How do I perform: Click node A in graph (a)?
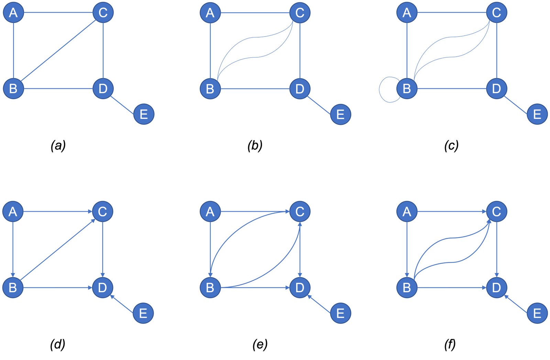point(13,13)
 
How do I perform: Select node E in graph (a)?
point(144,114)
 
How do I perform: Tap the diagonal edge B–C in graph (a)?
point(58,51)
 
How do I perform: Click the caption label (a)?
point(58,145)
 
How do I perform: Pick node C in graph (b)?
point(300,13)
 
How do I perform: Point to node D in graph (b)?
point(300,89)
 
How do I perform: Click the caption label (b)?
point(255,145)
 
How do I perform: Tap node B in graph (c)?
point(407,89)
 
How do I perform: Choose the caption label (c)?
point(451,145)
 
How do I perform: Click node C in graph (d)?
point(102,211)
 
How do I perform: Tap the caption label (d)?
point(57,344)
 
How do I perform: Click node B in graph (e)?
point(210,287)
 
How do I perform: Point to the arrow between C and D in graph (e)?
point(300,249)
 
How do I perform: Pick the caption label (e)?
point(260,344)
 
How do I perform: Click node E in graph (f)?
point(537,313)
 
